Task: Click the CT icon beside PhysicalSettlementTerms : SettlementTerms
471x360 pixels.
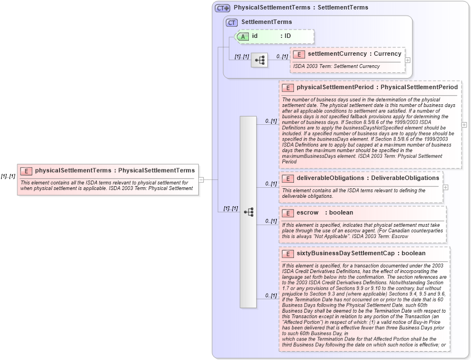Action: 223,8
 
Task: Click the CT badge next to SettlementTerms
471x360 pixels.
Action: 231,22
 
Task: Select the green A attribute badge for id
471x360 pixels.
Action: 243,36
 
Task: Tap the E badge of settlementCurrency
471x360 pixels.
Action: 299,54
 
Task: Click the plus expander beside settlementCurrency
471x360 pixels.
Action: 408,60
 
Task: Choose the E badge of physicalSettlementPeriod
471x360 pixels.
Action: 288,87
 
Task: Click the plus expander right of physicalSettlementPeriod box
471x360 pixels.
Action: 464,124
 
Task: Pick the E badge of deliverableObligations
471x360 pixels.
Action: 288,178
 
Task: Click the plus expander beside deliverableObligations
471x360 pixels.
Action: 445,187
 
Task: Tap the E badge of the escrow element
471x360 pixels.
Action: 288,213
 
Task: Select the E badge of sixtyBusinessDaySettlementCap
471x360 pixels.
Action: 288,254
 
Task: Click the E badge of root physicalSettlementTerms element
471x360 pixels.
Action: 26,171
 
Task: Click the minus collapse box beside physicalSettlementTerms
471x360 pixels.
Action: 201,179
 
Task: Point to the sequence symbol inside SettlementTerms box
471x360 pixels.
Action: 259,60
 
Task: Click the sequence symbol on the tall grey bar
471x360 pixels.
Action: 248,212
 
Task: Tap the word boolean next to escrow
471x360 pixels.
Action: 341,212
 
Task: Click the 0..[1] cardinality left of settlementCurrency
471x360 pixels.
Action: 282,56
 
